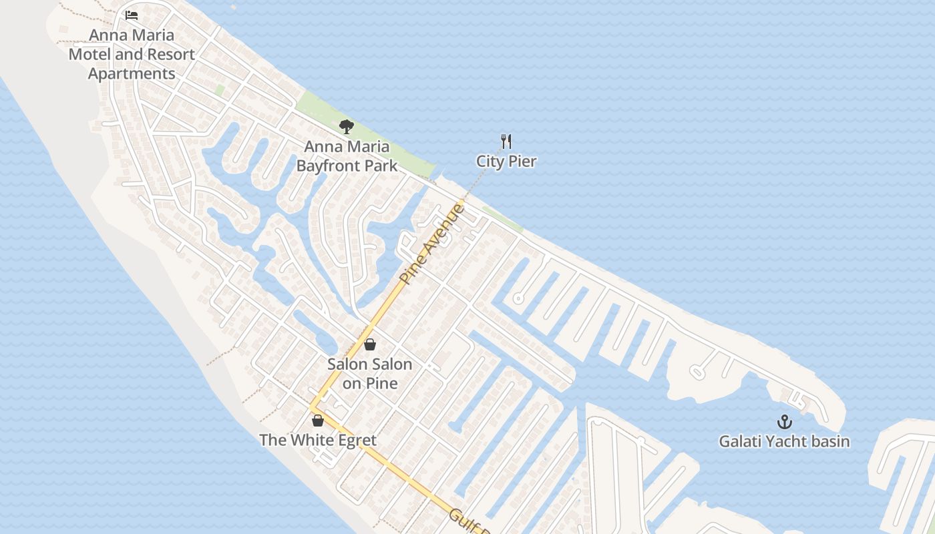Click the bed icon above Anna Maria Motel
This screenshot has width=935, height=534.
(132, 15)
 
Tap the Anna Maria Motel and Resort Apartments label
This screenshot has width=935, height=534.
(132, 54)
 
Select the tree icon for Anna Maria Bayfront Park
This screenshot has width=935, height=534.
(346, 126)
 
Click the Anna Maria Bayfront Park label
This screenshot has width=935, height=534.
(347, 156)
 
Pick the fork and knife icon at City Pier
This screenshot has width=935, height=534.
(506, 141)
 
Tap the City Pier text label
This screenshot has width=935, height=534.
(506, 162)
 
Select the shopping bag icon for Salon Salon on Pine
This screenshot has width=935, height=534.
(369, 344)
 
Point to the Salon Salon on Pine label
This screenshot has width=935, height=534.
(369, 374)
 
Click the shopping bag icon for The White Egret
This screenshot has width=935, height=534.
(318, 421)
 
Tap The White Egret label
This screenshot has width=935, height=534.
(318, 441)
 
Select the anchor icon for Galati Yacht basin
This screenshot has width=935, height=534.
(784, 422)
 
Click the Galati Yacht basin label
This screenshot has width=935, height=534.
(784, 442)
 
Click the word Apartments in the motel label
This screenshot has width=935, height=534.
(132, 74)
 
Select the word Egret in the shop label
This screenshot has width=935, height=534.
(357, 441)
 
